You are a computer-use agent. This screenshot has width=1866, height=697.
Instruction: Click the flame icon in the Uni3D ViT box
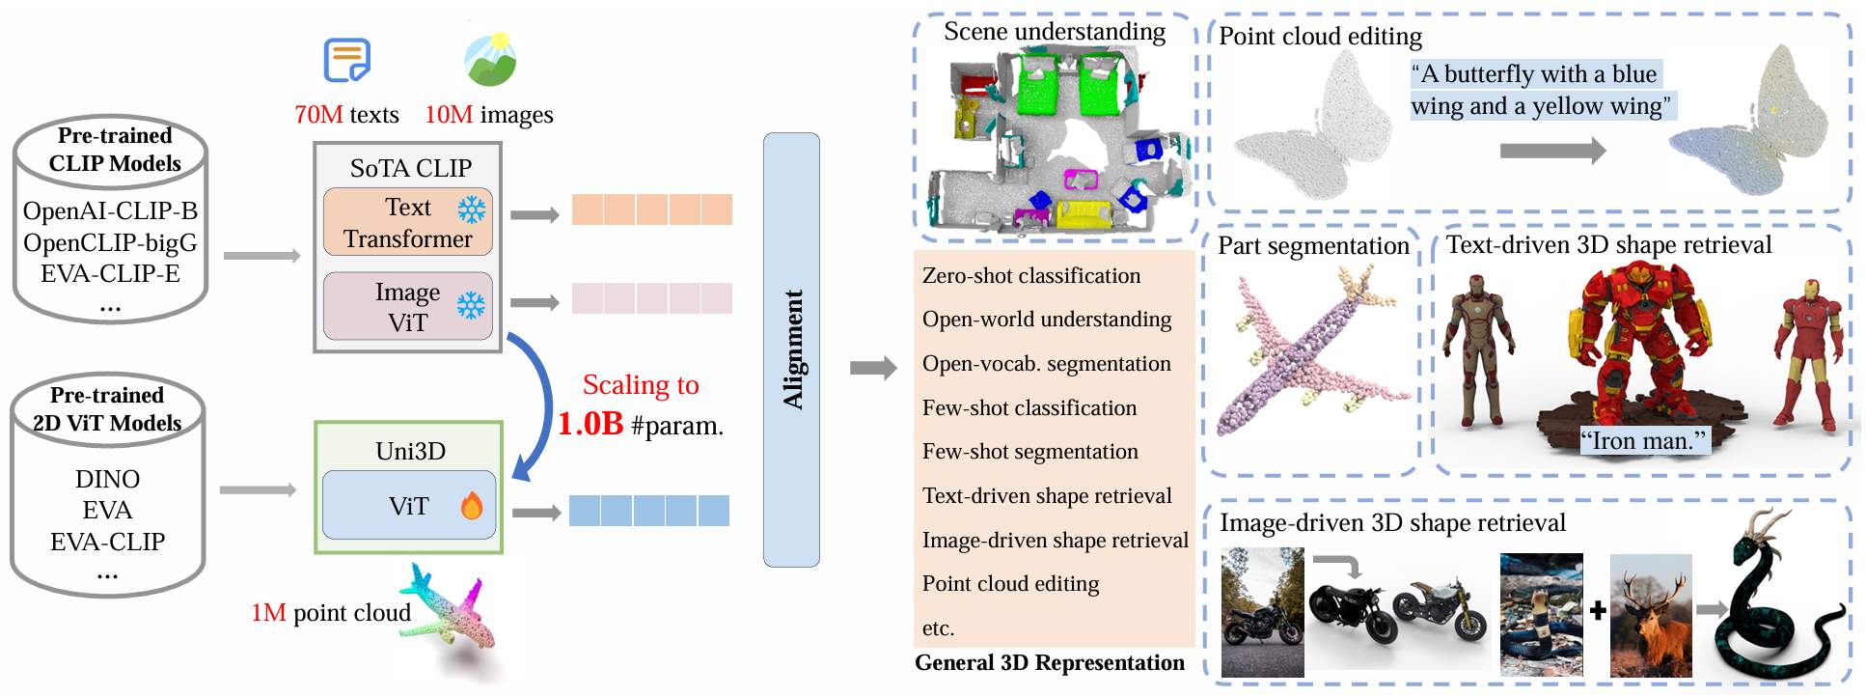472,505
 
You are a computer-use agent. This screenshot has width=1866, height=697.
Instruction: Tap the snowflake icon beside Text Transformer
472,209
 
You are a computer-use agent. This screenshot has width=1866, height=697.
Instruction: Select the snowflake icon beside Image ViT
471,306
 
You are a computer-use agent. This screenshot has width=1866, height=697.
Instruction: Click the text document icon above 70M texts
346,60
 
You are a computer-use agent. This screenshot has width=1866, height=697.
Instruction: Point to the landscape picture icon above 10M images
490,60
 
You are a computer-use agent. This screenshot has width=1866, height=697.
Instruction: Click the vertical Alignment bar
791,349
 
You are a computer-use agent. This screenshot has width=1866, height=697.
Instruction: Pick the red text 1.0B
590,424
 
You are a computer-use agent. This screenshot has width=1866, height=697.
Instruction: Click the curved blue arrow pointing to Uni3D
536,405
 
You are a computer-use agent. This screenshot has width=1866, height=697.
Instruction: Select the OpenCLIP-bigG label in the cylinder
110,242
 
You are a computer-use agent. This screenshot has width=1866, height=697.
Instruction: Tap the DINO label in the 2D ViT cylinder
108,479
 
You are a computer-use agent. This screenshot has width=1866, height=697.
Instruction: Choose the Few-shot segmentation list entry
1029,452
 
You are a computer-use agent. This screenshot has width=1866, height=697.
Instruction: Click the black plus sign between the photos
1598,610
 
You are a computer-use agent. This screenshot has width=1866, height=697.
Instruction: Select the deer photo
1651,615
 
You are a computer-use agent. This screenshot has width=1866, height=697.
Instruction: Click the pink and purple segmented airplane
1307,352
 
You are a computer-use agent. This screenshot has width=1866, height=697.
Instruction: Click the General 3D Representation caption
1049,663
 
